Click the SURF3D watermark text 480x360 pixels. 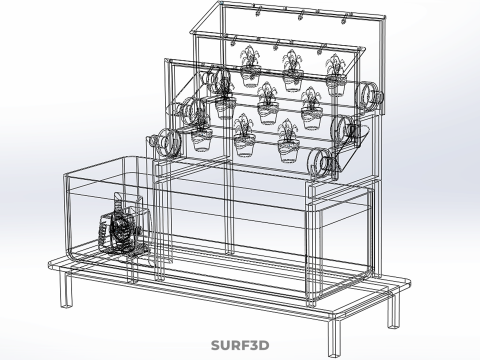pyautogui.click(x=240, y=345)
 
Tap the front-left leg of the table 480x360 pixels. pyautogui.click(x=66, y=289)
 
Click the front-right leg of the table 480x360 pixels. pyautogui.click(x=335, y=337)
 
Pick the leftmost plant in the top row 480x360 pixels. pyautogui.click(x=250, y=67)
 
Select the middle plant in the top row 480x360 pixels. pyautogui.click(x=293, y=71)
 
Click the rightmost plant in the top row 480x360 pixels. pyautogui.click(x=336, y=75)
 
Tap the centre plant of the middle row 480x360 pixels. pyautogui.click(x=268, y=103)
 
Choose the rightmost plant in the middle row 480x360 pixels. pyautogui.click(x=311, y=108)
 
